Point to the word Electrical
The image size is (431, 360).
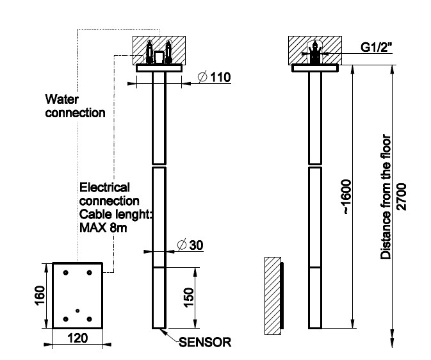(104, 187)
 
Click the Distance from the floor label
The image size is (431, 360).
(385, 197)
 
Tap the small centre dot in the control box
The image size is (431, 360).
(77, 311)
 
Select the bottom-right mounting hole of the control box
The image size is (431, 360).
(90, 319)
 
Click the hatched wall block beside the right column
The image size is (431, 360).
(272, 296)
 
